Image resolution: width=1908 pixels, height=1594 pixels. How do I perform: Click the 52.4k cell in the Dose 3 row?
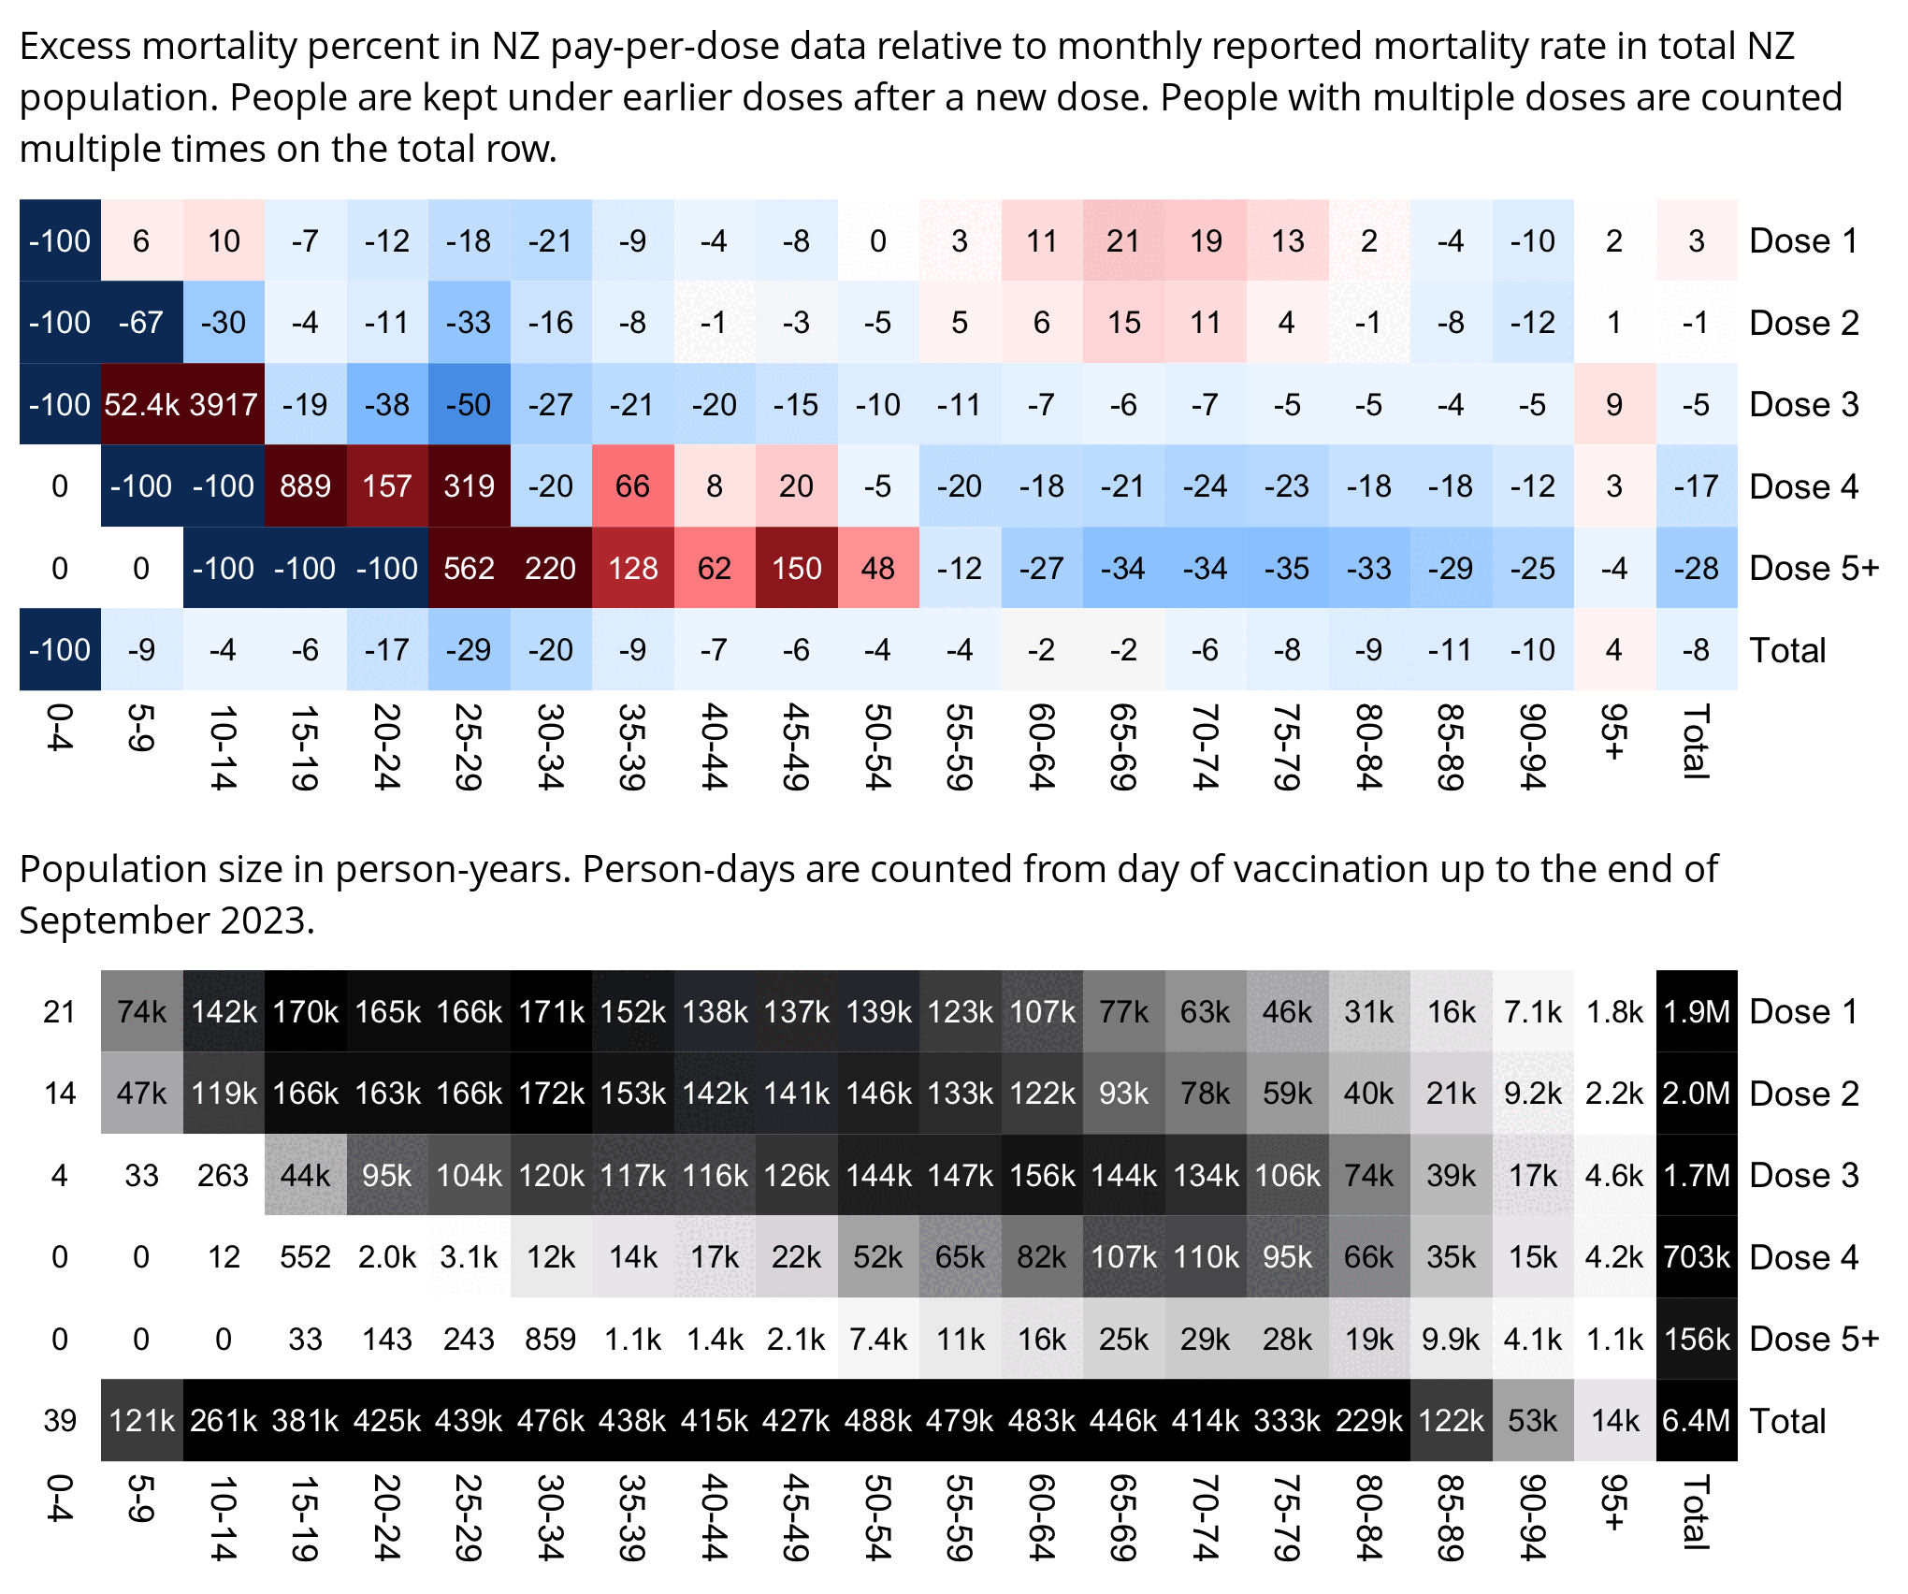pyautogui.click(x=141, y=404)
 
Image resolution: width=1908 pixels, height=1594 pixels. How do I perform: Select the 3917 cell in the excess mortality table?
pyautogui.click(x=224, y=404)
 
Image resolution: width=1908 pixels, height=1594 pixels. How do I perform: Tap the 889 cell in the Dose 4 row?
pyautogui.click(x=305, y=486)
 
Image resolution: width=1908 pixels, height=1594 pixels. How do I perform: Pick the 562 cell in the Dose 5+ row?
pyautogui.click(x=469, y=568)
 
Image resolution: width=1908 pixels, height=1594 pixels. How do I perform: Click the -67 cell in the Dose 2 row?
pyautogui.click(x=141, y=323)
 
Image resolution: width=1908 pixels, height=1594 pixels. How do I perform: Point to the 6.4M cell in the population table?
pyautogui.click(x=1696, y=1420)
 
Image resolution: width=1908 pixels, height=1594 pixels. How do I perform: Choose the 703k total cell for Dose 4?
pyautogui.click(x=1696, y=1256)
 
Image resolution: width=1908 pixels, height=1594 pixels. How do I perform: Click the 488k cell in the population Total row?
pyautogui.click(x=878, y=1420)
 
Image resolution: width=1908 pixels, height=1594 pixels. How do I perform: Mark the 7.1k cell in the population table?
pyautogui.click(x=1533, y=1011)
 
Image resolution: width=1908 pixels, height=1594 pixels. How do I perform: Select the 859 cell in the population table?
pyautogui.click(x=550, y=1339)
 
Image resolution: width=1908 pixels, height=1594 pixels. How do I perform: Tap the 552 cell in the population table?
pyautogui.click(x=305, y=1256)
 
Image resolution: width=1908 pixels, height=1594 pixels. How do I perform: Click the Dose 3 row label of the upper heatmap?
pyautogui.click(x=1803, y=404)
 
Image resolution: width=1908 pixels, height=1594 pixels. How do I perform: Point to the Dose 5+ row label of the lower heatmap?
pyautogui.click(x=1814, y=1339)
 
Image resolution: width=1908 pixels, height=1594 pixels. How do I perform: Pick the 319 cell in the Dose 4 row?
pyautogui.click(x=469, y=486)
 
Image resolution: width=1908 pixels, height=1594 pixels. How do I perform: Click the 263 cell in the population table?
pyautogui.click(x=224, y=1175)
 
